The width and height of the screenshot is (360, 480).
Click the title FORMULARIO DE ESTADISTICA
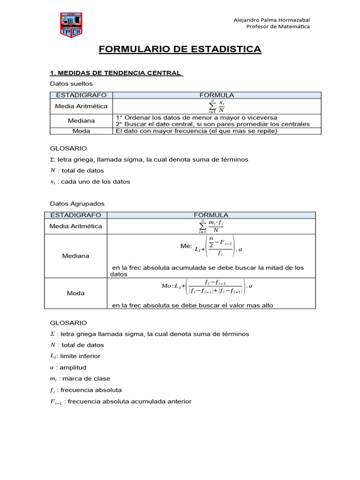(180, 49)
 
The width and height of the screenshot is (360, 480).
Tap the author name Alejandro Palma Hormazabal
(271, 19)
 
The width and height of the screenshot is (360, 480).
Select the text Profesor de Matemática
(278, 26)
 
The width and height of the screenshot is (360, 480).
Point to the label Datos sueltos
(71, 83)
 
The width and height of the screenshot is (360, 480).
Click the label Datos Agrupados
(77, 203)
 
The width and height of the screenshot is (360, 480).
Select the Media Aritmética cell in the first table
(81, 106)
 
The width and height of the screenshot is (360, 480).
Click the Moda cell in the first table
(81, 131)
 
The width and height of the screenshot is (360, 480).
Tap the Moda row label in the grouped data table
(76, 293)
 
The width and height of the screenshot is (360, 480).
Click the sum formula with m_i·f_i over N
(211, 226)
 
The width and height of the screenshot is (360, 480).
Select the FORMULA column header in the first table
(217, 95)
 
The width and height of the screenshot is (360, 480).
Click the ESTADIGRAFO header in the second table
(75, 215)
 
